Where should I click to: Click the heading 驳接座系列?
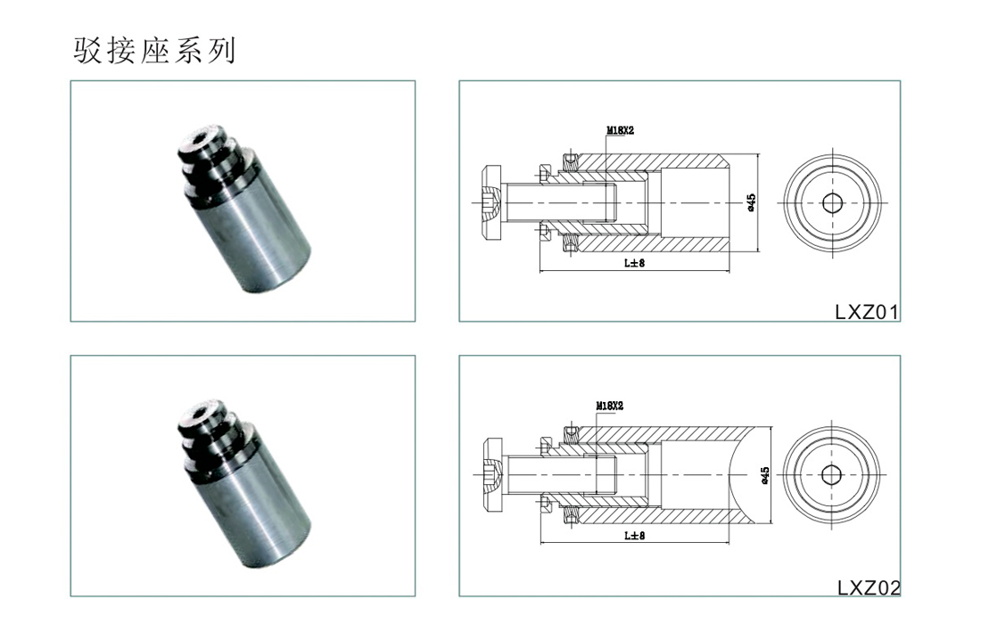click(154, 51)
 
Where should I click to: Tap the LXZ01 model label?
click(867, 312)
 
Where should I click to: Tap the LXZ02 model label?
click(869, 587)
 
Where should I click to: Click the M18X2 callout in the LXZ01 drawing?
click(620, 130)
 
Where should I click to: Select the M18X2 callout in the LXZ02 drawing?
click(609, 406)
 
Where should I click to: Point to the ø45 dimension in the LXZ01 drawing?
click(751, 202)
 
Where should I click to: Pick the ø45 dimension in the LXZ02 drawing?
click(764, 476)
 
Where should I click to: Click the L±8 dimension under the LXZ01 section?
click(634, 263)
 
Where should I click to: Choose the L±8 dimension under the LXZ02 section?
click(634, 535)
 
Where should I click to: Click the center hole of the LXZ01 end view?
click(832, 202)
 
